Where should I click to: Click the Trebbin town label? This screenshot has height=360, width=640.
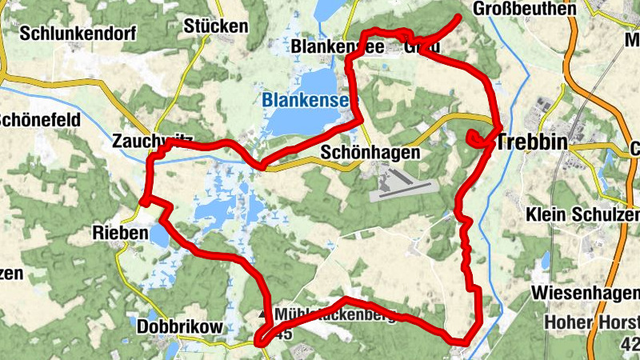point(532,143)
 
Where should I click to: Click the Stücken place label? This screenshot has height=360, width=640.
point(215,26)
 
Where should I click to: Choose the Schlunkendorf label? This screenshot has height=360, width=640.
point(79,34)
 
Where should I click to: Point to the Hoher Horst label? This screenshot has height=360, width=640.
point(590,323)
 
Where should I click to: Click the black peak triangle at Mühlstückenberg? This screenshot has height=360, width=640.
point(265,314)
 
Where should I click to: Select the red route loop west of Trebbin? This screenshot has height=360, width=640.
point(477,138)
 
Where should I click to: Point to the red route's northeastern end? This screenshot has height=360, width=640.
point(459,17)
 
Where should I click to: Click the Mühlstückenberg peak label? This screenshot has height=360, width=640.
point(336,314)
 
